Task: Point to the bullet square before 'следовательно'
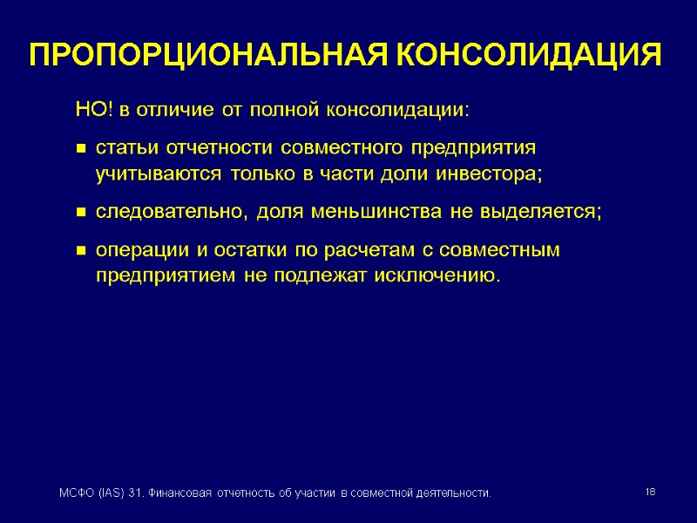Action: (x=79, y=213)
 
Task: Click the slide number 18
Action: (x=650, y=493)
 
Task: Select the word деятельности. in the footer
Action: (x=450, y=494)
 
